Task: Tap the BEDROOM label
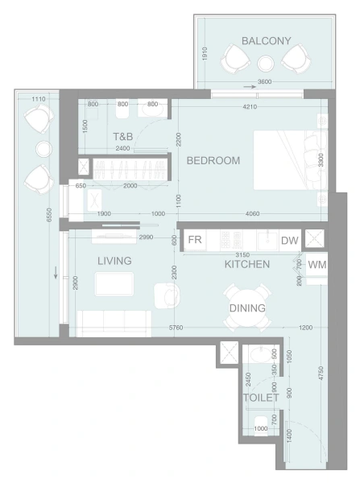click(213, 161)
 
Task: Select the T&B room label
click(122, 136)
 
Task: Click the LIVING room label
click(114, 262)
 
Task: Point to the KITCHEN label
click(246, 264)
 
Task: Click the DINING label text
click(247, 308)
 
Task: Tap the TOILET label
click(261, 398)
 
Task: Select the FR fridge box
click(194, 241)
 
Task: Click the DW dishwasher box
click(289, 241)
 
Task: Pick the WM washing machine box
click(317, 265)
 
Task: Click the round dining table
click(246, 308)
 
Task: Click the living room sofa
click(113, 323)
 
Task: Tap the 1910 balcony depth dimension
click(205, 54)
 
